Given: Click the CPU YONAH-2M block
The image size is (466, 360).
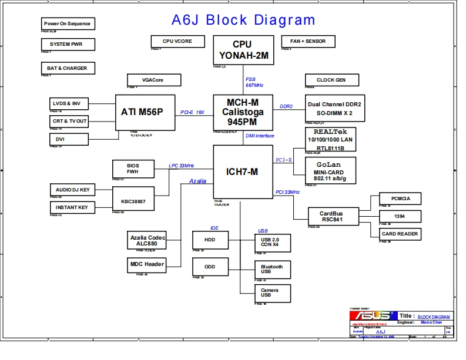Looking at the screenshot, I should [x=243, y=50].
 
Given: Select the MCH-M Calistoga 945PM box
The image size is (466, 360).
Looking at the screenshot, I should [x=243, y=112].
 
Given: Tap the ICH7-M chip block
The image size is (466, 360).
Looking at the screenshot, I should [x=242, y=171].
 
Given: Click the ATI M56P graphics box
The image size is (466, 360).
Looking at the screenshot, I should [x=145, y=112].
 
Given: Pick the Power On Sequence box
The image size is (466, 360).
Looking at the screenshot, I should [x=68, y=23].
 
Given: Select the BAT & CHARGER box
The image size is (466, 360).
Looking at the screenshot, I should [x=68, y=68].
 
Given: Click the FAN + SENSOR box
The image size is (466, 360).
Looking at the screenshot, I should [x=308, y=41].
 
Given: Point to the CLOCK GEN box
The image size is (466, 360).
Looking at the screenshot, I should [x=331, y=80].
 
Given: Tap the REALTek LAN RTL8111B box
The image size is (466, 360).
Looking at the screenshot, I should [x=330, y=140].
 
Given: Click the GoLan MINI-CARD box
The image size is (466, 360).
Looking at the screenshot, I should [x=331, y=170].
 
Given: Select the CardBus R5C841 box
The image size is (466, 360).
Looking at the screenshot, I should [x=331, y=216].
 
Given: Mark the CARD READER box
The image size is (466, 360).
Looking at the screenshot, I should [x=400, y=234].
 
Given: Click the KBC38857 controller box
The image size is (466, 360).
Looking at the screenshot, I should [x=133, y=201].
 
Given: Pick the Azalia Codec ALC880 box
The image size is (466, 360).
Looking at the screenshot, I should [x=147, y=240].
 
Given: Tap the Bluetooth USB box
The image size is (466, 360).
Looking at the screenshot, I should [x=271, y=270].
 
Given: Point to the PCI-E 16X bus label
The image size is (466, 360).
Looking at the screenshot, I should [x=192, y=112].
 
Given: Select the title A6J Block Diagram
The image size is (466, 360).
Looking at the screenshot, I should [x=243, y=20].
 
